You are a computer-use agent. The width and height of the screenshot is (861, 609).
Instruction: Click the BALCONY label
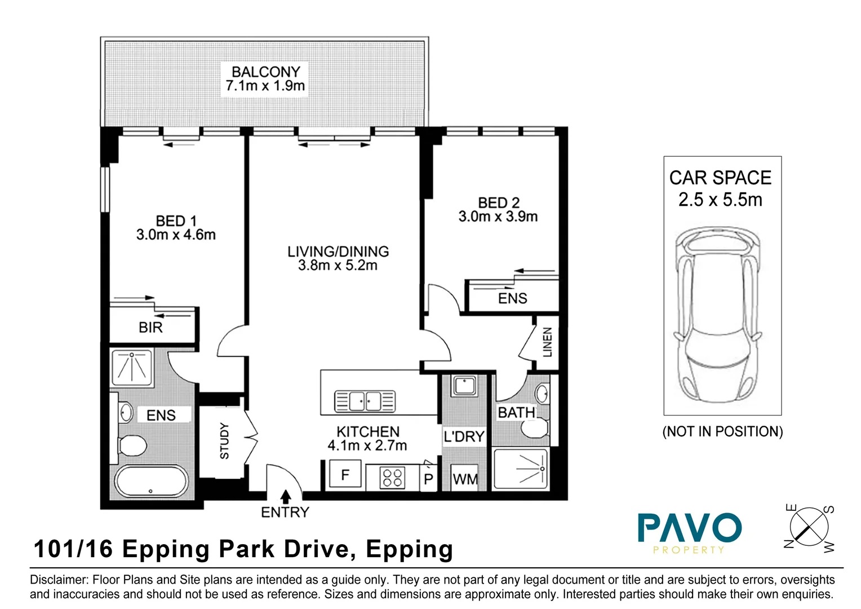(265, 72)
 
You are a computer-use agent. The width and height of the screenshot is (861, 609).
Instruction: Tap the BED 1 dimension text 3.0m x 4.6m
(176, 235)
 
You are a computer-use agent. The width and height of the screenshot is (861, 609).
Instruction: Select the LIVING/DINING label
(338, 251)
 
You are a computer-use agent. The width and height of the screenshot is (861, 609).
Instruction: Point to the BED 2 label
(498, 202)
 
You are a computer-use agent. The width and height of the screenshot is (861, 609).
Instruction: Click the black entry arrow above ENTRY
(286, 496)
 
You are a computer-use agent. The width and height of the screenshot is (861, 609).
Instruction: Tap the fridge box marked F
(345, 475)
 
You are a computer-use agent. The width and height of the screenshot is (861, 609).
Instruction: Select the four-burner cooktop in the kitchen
(392, 478)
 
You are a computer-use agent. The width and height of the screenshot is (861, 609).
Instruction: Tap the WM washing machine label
(465, 480)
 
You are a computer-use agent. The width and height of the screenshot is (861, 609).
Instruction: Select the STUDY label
(224, 440)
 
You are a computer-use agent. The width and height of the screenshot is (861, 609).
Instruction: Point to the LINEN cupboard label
(547, 342)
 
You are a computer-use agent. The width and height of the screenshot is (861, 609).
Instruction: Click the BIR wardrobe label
(150, 328)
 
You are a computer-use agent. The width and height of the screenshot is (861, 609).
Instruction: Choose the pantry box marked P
(428, 479)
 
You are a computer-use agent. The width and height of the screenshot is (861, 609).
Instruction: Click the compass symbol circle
(809, 528)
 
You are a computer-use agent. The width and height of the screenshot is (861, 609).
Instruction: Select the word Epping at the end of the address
(409, 549)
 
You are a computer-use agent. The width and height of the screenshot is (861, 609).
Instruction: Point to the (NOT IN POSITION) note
(722, 432)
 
